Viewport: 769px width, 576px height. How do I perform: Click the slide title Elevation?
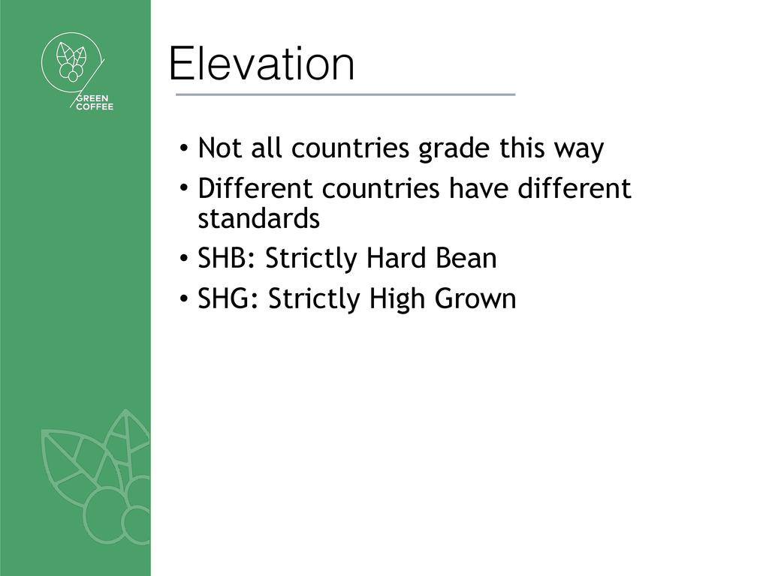pos(261,64)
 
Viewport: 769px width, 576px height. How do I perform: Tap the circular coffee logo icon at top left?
pos(73,63)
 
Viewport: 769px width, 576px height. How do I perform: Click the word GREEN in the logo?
pos(92,98)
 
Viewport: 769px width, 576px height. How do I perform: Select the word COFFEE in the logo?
pos(95,106)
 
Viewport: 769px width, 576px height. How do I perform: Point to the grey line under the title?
pos(345,94)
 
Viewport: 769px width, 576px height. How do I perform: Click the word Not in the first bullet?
pos(220,148)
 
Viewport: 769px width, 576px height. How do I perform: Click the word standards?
pos(258,218)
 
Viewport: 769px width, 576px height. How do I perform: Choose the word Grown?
pos(475,298)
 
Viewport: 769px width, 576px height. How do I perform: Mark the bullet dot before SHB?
pos(183,258)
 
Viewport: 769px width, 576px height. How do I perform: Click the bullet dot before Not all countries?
pos(183,148)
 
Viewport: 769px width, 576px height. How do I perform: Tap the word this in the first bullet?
pos(522,148)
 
